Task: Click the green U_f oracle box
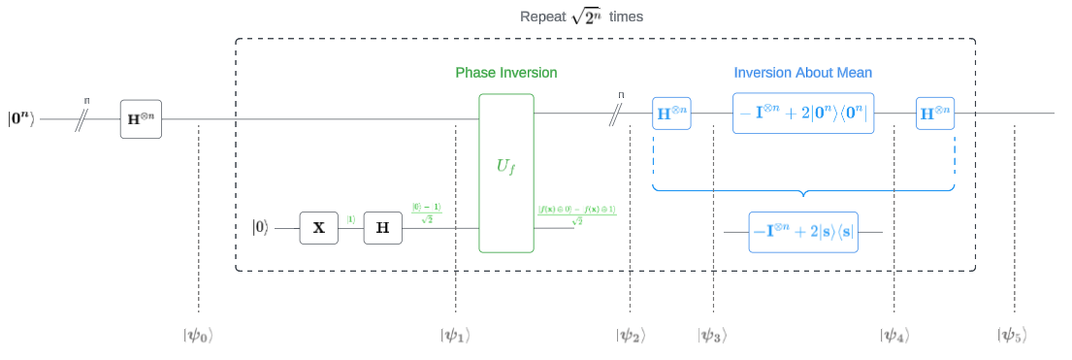point(506,173)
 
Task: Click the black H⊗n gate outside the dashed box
point(142,118)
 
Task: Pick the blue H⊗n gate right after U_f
point(671,113)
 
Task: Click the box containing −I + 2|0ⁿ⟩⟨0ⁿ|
point(803,113)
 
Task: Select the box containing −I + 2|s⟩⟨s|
point(803,232)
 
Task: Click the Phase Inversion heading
point(506,73)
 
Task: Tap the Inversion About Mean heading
point(802,73)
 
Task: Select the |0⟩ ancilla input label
point(260,228)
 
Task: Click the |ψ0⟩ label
point(197,336)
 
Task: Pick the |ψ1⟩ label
point(455,336)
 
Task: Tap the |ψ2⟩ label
point(630,336)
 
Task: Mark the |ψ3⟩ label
point(712,336)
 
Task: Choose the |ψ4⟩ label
point(893,336)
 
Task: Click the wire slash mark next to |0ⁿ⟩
point(84,118)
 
